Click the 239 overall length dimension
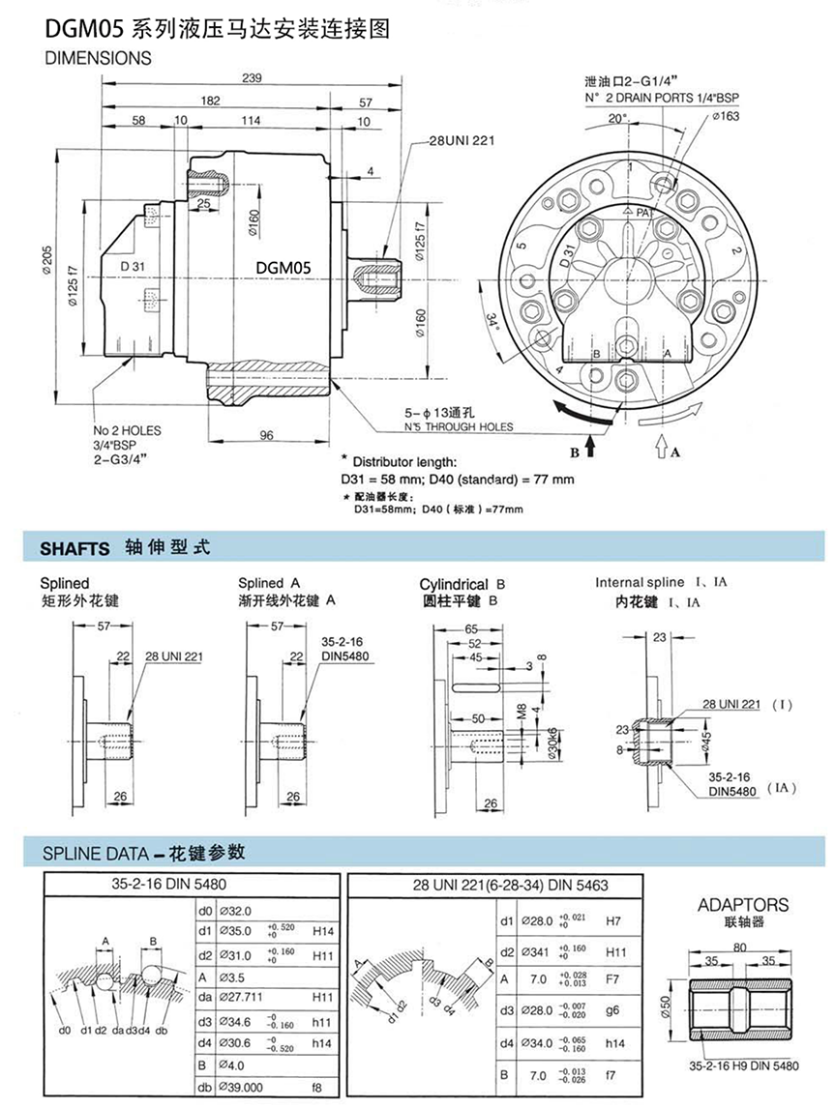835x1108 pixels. pyautogui.click(x=253, y=78)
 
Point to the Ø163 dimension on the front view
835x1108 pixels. pyautogui.click(x=726, y=117)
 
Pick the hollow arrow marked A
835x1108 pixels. pyautogui.click(x=664, y=447)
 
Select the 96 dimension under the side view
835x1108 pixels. pyautogui.click(x=266, y=435)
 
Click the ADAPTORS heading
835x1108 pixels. pyautogui.click(x=743, y=905)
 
